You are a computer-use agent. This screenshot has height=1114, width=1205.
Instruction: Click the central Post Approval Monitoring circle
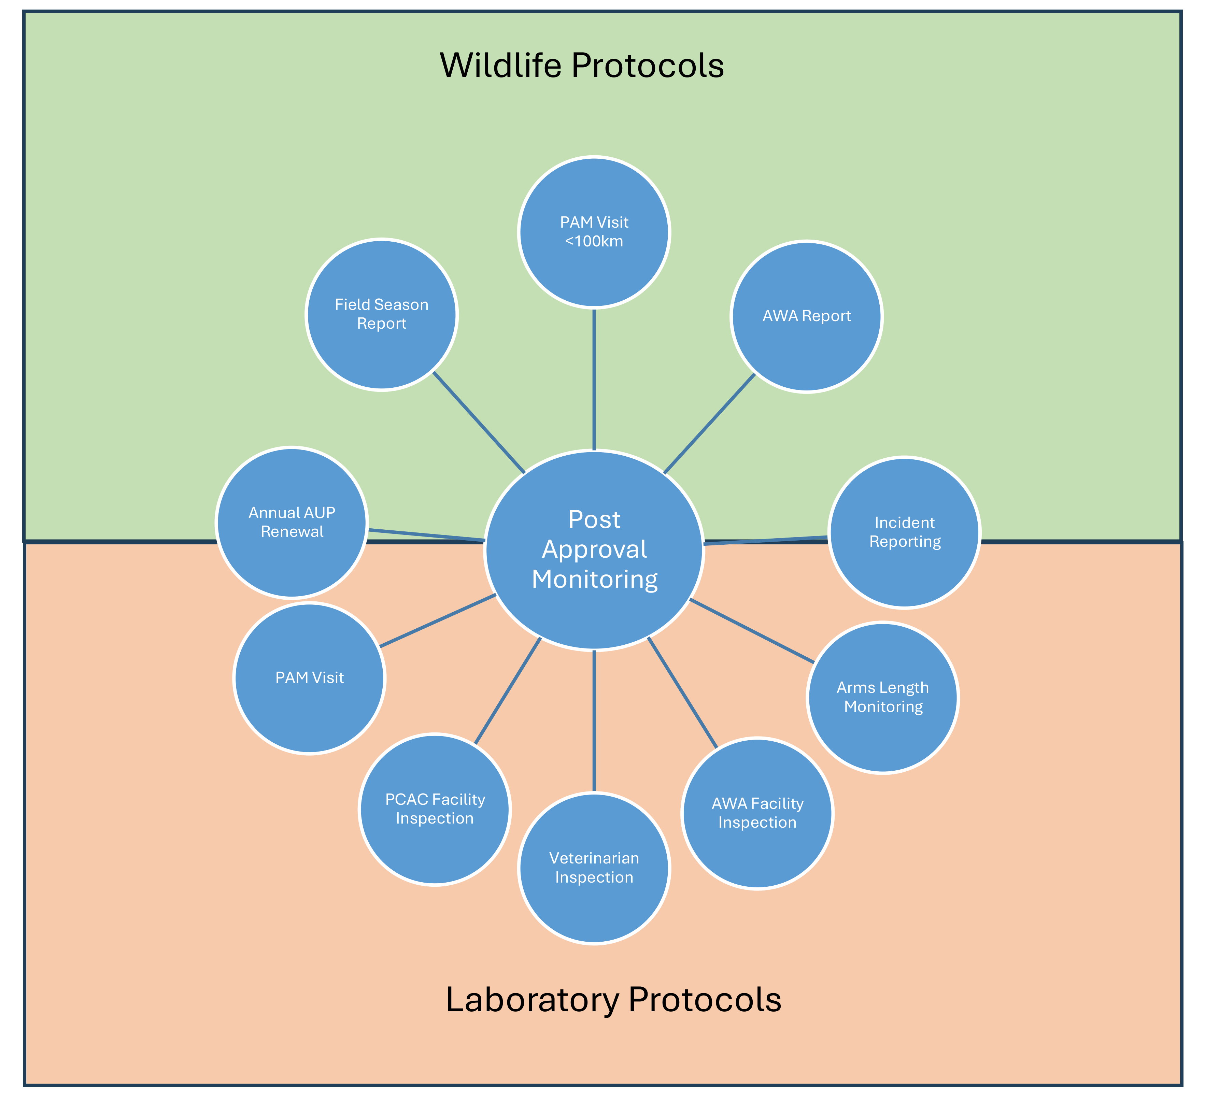594,550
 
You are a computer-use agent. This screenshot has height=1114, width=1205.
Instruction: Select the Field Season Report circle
382,314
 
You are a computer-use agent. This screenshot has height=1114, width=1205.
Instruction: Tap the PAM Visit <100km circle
594,232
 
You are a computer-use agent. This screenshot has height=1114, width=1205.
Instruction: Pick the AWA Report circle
807,316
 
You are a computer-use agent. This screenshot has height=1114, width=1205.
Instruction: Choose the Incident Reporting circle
904,532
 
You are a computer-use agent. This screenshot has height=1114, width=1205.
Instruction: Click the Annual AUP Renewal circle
292,522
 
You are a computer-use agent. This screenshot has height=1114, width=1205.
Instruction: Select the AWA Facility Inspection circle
757,813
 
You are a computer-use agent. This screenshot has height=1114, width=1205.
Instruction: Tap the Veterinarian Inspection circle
594,868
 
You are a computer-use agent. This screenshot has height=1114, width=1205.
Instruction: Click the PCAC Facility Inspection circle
435,809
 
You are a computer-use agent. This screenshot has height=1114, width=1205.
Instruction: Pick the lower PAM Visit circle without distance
309,677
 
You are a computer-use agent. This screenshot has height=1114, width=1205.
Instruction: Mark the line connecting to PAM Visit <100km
594,380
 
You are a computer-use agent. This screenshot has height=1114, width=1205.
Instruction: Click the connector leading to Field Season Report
479,423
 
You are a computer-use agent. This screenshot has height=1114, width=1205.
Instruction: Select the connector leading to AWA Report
709,424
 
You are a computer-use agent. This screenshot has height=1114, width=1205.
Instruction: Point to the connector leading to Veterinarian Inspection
594,720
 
